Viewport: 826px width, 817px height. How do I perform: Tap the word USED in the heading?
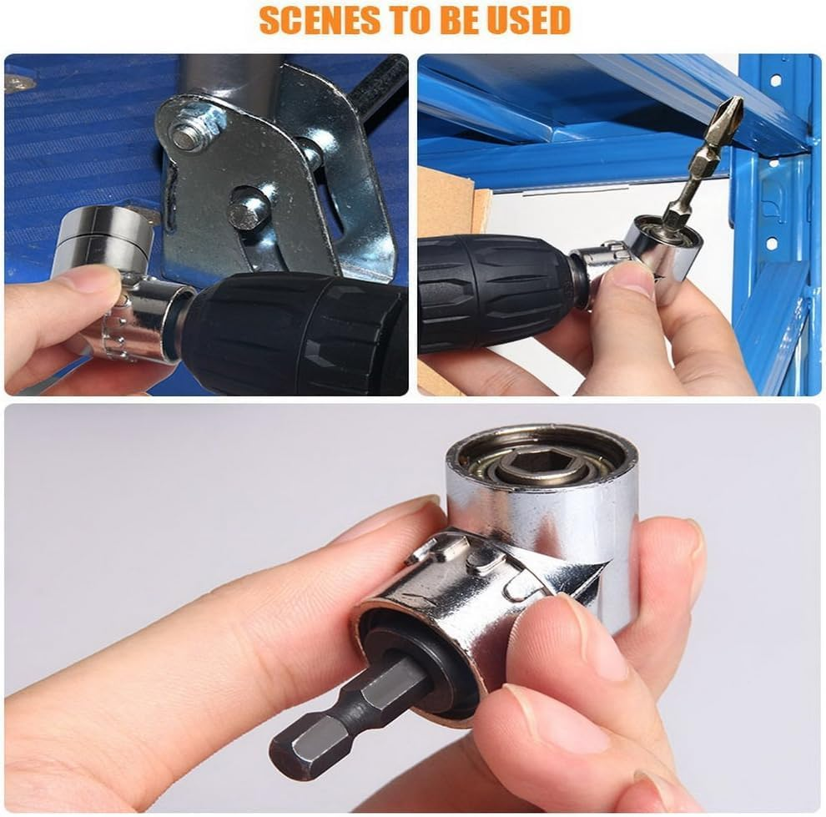tap(531, 20)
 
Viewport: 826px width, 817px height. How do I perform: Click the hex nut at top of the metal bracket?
tap(188, 135)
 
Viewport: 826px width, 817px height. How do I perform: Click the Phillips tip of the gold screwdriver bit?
tap(732, 109)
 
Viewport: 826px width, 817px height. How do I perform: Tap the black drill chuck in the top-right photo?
tap(492, 292)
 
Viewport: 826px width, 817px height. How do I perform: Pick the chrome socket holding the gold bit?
tap(663, 246)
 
